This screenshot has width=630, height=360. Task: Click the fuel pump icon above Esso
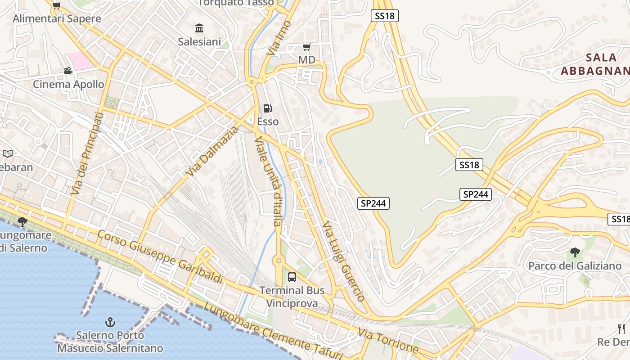tap(267, 108)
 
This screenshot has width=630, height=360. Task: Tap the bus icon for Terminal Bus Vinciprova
tap(292, 277)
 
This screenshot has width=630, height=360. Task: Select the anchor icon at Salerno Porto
tap(110, 322)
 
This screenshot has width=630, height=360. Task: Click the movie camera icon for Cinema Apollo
tap(68, 71)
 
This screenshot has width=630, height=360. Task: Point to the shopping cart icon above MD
tap(307, 47)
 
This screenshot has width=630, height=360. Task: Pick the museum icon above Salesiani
tap(199, 28)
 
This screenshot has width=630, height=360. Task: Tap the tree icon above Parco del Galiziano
tap(575, 252)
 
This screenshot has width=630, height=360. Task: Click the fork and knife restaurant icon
tap(621, 328)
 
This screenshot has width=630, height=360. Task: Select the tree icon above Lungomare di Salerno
tap(22, 221)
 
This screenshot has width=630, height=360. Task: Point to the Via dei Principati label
tap(87, 154)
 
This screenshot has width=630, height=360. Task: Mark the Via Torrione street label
tap(388, 341)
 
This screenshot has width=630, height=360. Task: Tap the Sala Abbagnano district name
tap(595, 64)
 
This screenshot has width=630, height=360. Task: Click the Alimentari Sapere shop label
tap(57, 18)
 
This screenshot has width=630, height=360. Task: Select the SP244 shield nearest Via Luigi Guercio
tap(373, 203)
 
